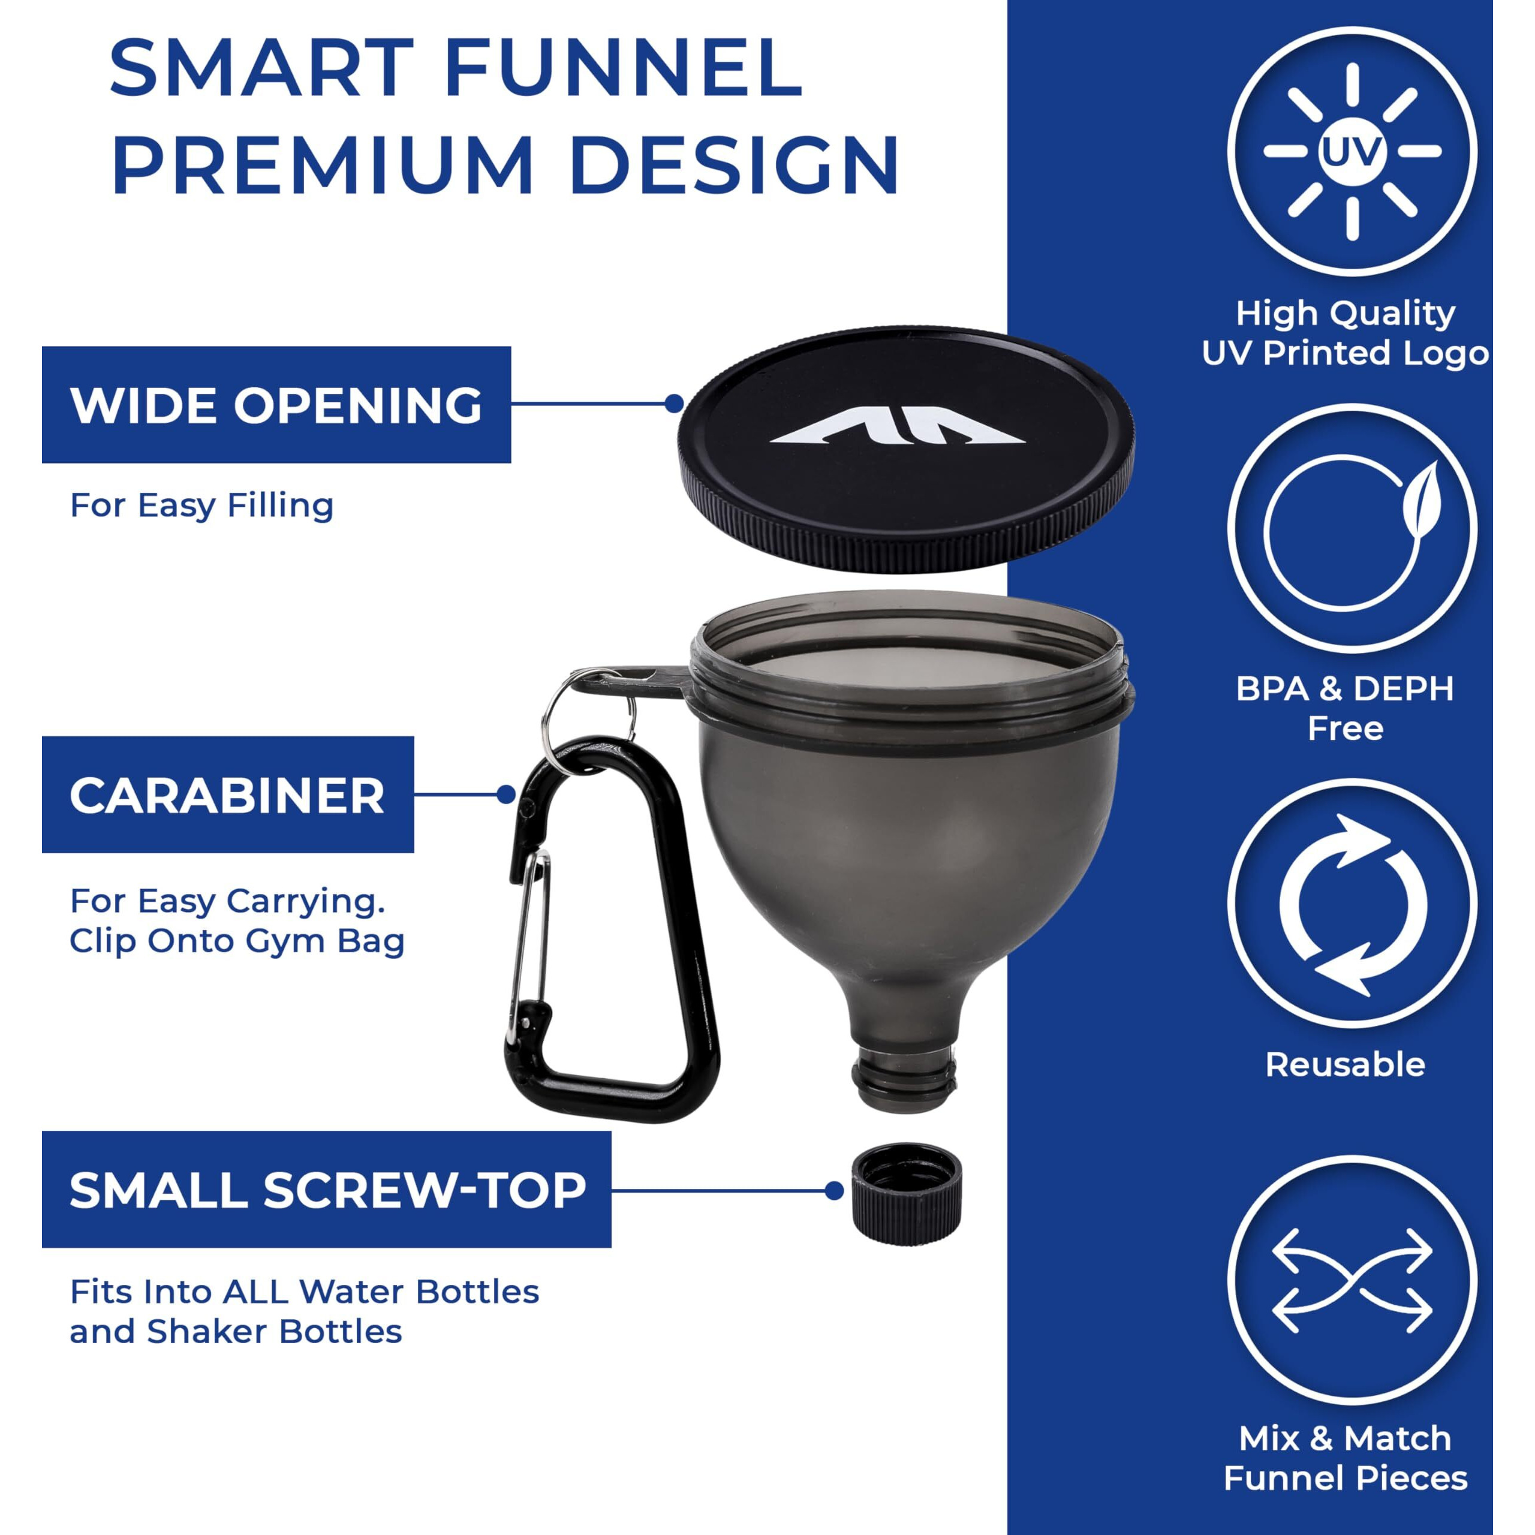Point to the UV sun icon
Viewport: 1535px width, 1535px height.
pos(1352,152)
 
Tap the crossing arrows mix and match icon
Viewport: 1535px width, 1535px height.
pos(1352,1281)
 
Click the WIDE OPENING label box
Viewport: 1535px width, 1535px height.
pos(276,404)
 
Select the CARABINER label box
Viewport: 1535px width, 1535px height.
pos(228,794)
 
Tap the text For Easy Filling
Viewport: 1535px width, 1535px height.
pos(202,506)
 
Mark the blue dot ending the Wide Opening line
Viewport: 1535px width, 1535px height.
pos(674,404)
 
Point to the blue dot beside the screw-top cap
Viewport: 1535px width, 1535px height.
pos(833,1190)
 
